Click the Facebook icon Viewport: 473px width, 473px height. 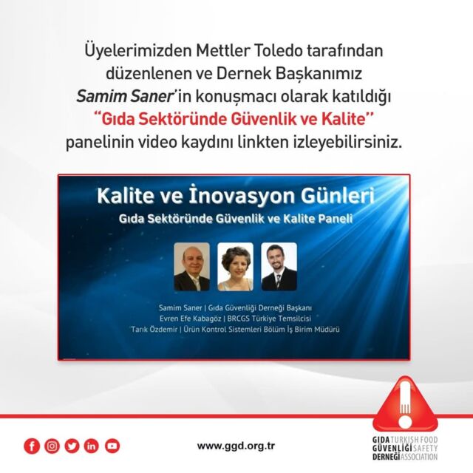32,446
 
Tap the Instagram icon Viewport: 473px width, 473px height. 52,446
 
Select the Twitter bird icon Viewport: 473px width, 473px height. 72,446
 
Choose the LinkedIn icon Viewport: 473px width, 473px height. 91,446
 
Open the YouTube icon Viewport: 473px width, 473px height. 112,446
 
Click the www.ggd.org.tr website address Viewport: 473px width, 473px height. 236,446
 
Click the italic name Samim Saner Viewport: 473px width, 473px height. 124,97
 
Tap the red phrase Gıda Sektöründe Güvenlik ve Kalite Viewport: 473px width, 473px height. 234,120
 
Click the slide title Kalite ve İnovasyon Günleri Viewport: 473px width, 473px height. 236,197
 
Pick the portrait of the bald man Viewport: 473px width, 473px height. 192,267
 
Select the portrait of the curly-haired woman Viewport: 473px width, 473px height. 235,267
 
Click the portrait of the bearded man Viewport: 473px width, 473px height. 279,267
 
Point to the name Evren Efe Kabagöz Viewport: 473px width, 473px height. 191,319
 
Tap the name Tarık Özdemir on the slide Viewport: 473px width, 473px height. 154,329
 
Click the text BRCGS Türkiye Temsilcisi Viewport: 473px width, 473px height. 269,319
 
